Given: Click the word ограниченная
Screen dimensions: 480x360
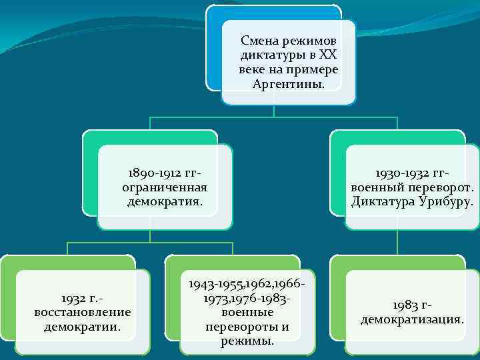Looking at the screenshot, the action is (165, 187).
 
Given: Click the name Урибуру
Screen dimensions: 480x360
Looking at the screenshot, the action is (444, 201).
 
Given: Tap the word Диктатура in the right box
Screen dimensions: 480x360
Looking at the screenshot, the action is (381, 201).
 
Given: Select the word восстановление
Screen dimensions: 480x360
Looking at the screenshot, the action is (82, 313).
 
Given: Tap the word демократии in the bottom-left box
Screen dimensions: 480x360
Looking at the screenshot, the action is (82, 327).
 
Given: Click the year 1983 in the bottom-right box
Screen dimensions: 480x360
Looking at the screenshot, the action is (405, 305).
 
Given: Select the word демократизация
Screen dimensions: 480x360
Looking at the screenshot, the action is (413, 319).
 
